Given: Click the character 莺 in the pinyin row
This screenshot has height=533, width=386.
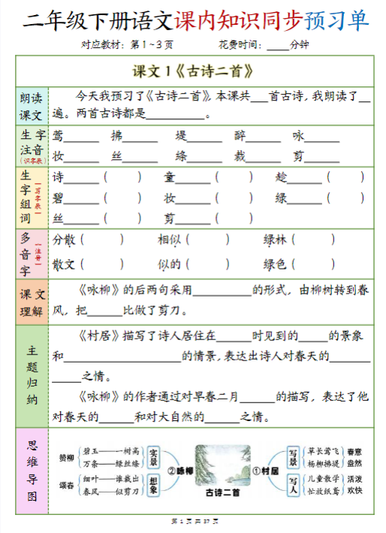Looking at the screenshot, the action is coord(59,137).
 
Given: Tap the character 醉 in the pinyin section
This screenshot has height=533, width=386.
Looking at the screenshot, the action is coord(240,137).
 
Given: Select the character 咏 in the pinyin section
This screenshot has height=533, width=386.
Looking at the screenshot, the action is coord(299,137).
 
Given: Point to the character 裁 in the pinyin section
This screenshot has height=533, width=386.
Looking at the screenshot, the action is coord(240,157).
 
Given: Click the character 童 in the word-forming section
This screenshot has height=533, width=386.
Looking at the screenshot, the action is coord(170,178).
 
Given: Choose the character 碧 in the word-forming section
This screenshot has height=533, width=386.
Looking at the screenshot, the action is coord(59,198).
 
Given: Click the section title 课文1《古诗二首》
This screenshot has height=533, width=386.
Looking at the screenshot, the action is coord(192,72).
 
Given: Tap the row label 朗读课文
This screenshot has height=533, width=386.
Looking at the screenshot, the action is coord(32,107).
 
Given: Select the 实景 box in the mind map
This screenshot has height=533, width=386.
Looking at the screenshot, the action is coord(154,457).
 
